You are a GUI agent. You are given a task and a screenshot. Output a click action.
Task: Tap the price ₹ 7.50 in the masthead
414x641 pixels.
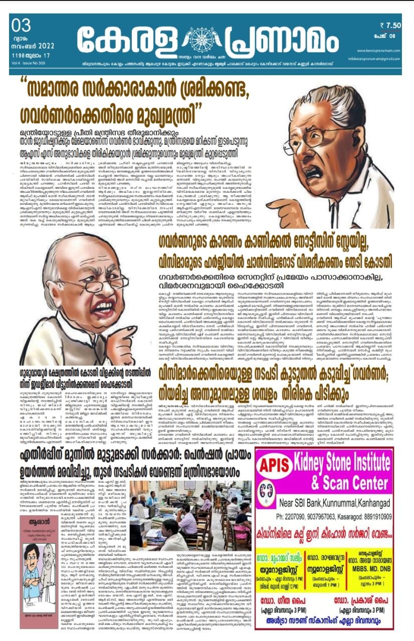390,25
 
